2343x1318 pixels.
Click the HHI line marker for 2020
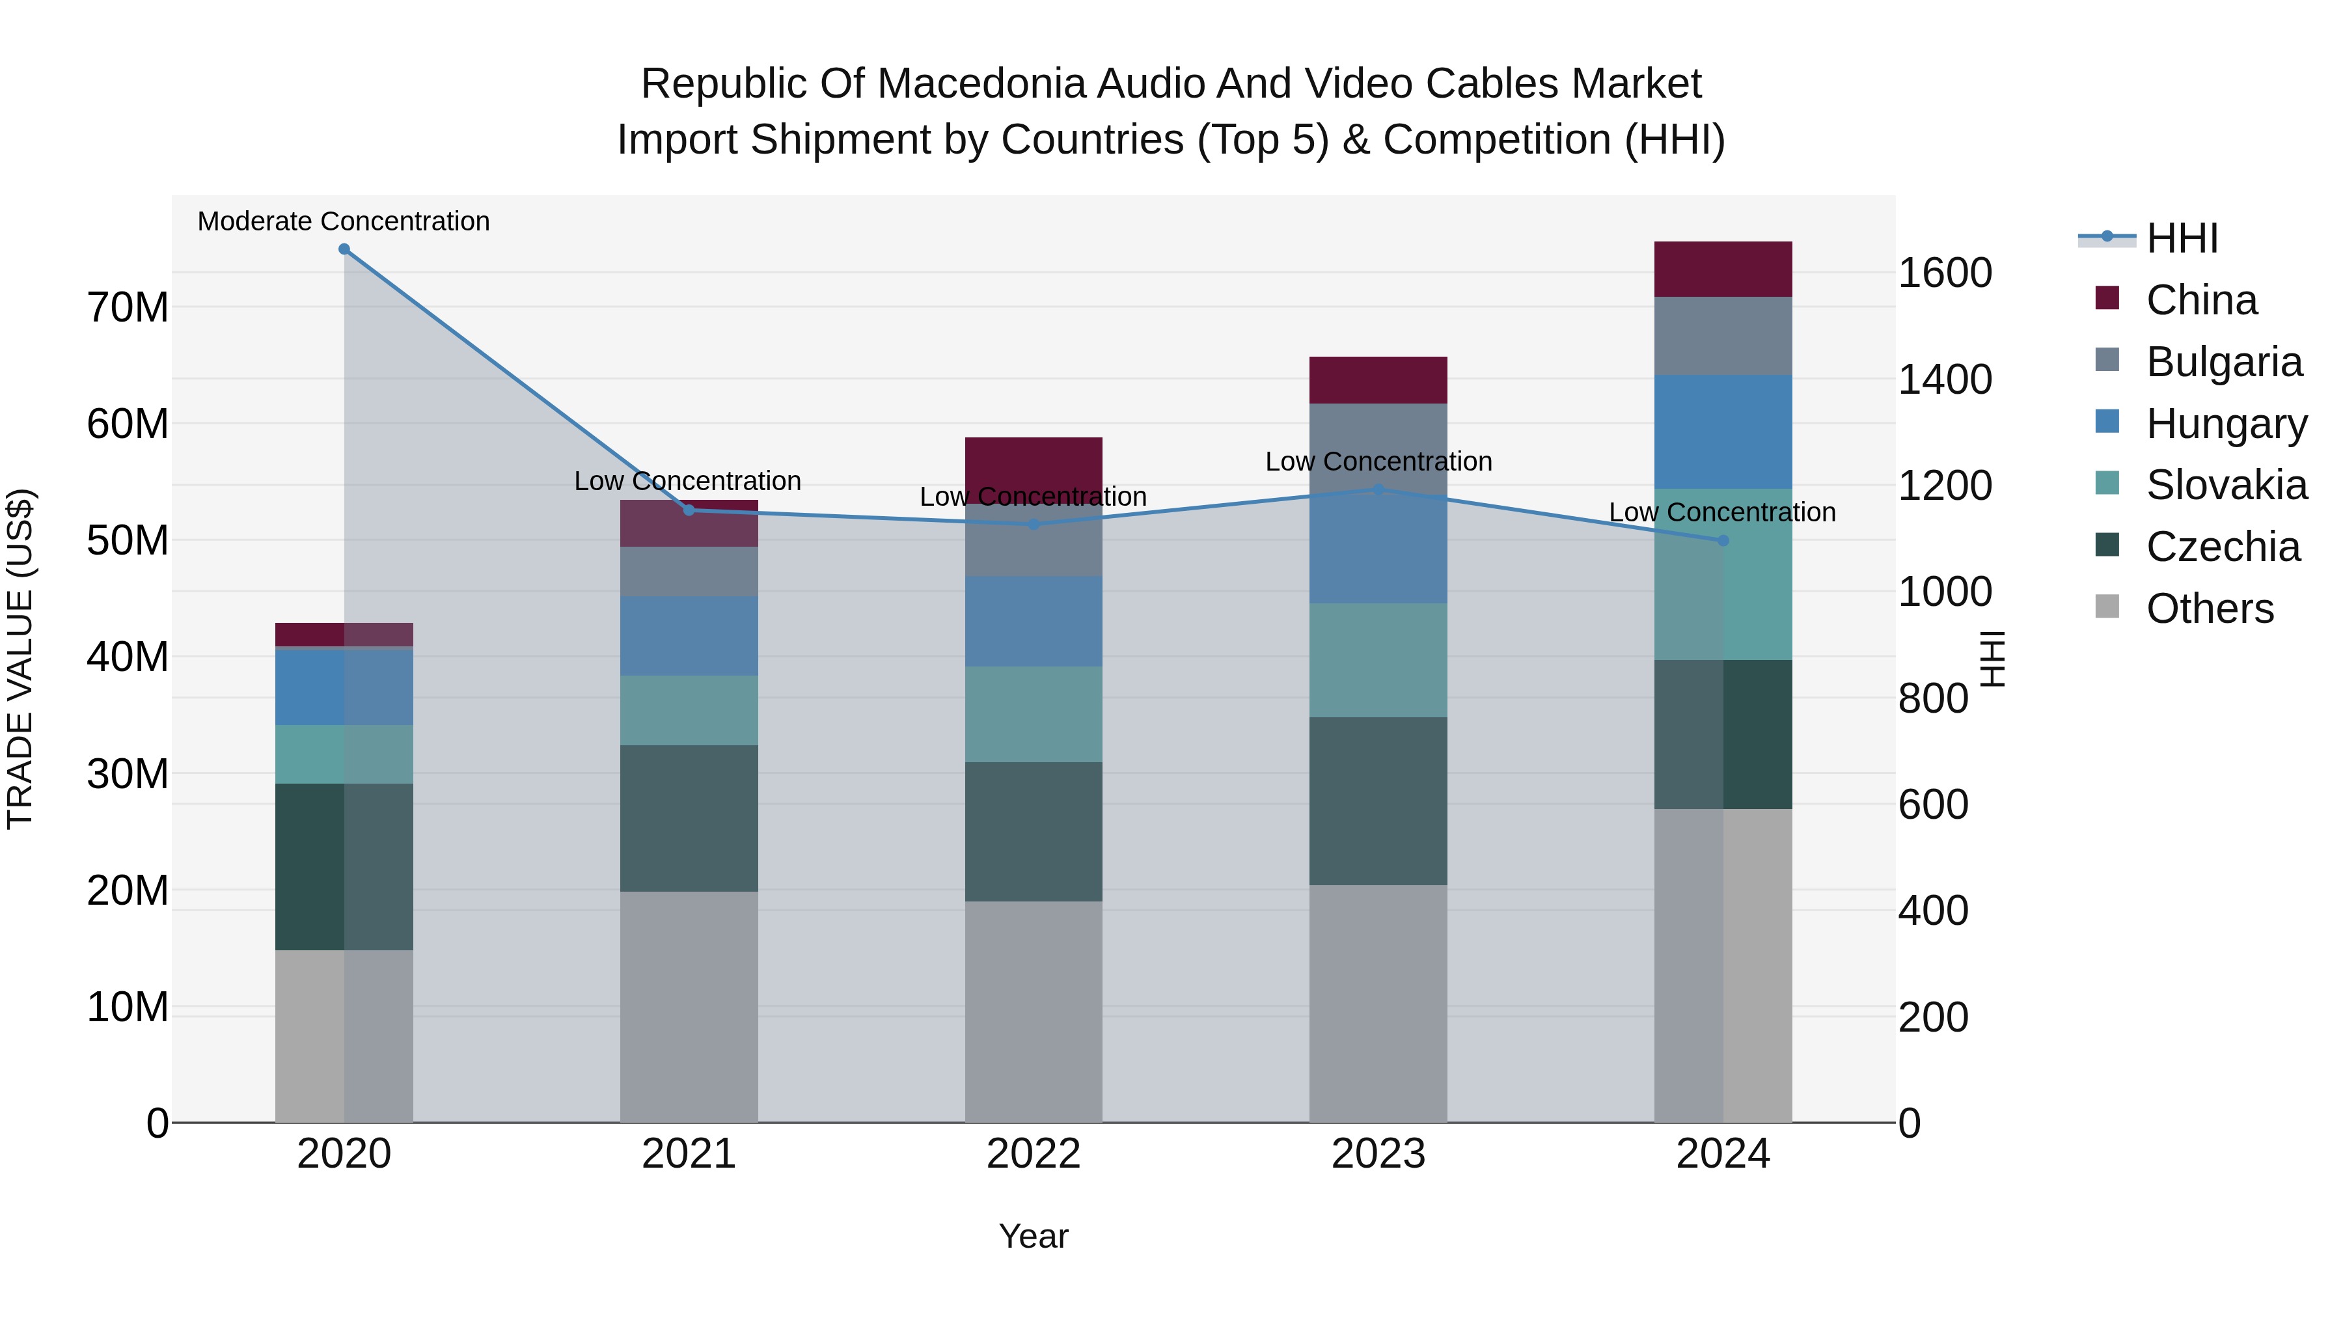point(344,249)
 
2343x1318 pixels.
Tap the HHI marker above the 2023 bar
point(1377,489)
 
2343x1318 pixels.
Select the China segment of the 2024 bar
point(1723,269)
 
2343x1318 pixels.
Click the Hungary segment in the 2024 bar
point(1723,432)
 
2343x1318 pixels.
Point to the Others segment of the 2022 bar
point(1034,1011)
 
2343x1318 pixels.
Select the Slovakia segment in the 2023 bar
point(1377,661)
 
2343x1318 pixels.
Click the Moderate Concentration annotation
point(344,221)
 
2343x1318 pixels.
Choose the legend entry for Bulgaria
point(2223,362)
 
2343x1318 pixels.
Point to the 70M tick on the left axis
point(128,307)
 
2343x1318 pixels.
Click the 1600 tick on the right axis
point(1945,273)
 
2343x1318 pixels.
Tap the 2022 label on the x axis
point(1034,1154)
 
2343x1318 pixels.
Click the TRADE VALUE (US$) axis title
point(20,659)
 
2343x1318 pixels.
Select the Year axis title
point(1034,1236)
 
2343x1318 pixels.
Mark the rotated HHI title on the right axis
point(1992,659)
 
